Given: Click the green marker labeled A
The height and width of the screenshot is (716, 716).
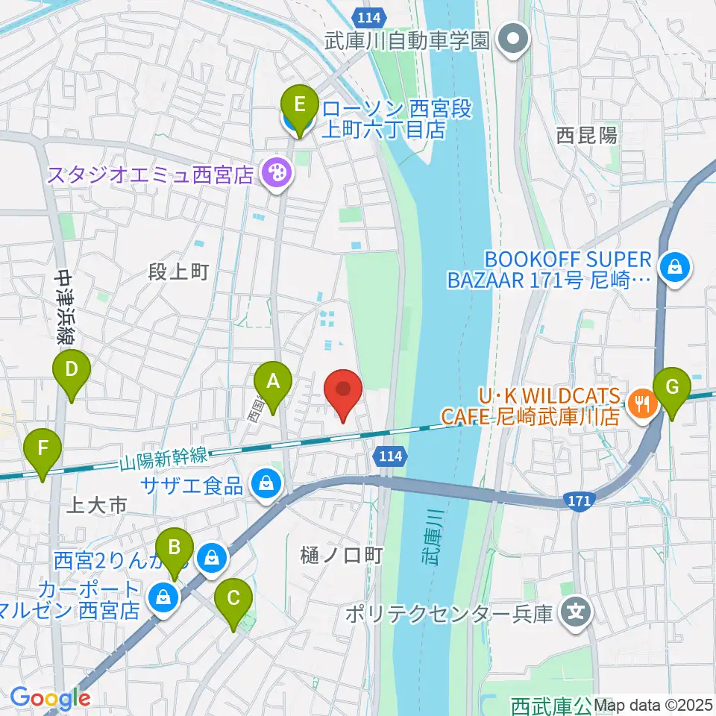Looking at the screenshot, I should pos(273,383).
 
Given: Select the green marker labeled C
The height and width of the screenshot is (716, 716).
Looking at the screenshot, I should pos(233,599).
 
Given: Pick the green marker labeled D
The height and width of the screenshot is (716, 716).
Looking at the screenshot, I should pos(72,370).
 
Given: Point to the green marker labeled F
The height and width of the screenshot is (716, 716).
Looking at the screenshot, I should pos(43,450).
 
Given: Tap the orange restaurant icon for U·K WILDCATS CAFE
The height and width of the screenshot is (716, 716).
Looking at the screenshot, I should pos(641,405).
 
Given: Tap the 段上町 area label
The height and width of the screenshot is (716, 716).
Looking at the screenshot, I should pos(178,273).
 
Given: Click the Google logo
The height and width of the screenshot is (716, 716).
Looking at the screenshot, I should pos(50,697).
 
